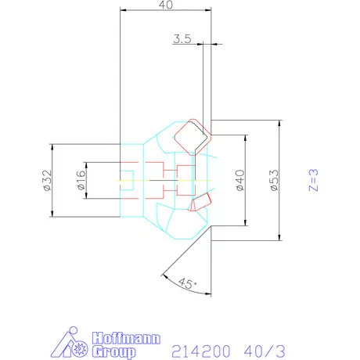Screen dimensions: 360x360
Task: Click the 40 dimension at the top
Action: (165, 5)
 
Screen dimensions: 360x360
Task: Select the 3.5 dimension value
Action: (182, 37)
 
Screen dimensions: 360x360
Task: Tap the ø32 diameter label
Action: (46, 181)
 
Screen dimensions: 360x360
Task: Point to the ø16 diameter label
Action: (81, 182)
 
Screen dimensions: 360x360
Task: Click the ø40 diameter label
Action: (240, 181)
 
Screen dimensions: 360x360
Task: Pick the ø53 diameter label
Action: (273, 182)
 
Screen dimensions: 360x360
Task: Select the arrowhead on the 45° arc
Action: (162, 274)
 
